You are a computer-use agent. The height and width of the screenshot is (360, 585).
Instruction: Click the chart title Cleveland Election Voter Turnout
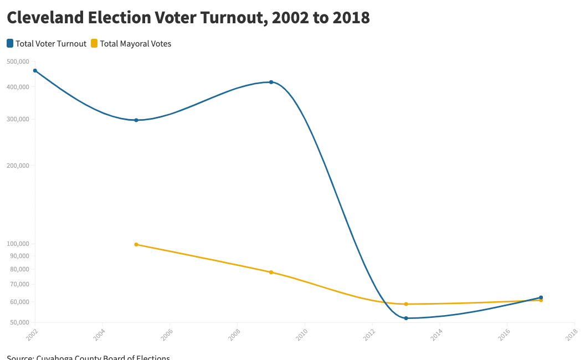[x=188, y=18]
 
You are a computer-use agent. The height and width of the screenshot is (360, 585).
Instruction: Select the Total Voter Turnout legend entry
[x=50, y=44]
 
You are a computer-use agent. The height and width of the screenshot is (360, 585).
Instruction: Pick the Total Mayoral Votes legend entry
[x=135, y=44]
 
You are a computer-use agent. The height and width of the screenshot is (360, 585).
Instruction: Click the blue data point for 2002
[x=35, y=71]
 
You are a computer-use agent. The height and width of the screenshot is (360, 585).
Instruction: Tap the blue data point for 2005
[x=136, y=120]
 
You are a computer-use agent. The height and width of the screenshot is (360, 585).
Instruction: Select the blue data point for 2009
[x=271, y=82]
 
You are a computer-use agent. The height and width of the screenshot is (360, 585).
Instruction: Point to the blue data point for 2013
[x=406, y=318]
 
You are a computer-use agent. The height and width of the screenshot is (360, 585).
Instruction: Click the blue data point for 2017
[x=541, y=297]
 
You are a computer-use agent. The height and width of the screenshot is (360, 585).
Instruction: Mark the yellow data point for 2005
[x=136, y=244]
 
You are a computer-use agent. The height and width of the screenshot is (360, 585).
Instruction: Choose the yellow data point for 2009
[x=271, y=272]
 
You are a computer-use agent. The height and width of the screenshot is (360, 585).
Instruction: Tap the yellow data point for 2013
[x=406, y=304]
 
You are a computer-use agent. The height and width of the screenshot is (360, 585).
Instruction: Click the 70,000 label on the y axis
[x=19, y=285]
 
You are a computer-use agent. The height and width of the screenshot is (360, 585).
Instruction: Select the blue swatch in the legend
[x=10, y=43]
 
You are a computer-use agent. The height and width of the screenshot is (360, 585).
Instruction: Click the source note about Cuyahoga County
[x=88, y=357]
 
